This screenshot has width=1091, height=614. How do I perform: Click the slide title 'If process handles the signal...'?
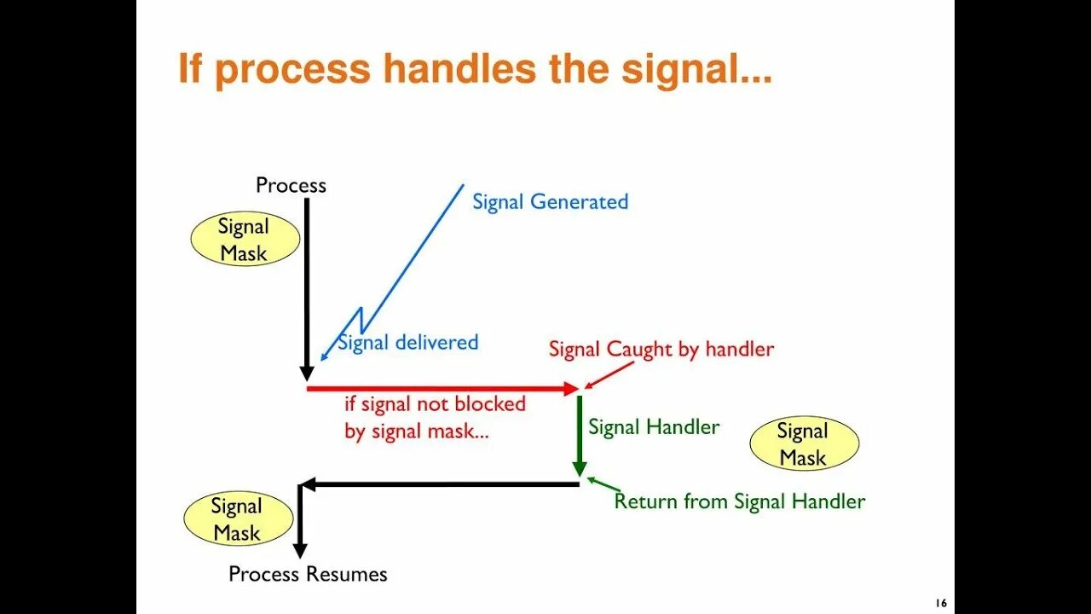475,69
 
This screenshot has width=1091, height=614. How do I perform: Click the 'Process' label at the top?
291,185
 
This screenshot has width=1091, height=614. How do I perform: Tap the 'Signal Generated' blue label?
550,202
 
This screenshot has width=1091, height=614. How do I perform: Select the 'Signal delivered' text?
408,343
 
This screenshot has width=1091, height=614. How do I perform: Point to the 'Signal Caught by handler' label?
661,349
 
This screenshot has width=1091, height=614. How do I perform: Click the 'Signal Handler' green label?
654,427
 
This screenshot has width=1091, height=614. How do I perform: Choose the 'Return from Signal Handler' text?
739,501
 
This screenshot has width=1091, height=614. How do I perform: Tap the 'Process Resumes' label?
308,574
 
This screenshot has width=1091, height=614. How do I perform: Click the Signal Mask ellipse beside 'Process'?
244,240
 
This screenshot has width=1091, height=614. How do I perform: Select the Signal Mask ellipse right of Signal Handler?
803,444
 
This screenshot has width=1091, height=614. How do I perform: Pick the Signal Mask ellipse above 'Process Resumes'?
238,519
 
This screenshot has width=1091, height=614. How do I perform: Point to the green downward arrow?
580,435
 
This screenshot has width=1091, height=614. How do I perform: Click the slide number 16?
940,603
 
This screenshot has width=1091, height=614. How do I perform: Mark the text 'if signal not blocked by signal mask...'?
435,417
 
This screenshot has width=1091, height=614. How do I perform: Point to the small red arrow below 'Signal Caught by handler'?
609,374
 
